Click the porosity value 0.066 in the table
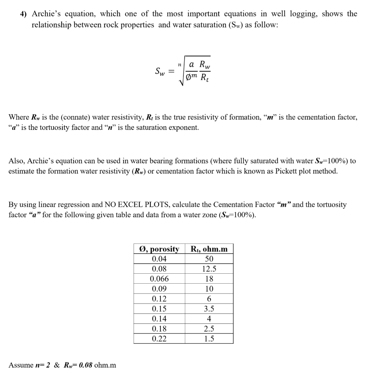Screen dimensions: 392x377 159,279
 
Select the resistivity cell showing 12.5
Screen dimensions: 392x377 209,269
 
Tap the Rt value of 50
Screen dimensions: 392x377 209,259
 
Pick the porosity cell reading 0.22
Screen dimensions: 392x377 159,338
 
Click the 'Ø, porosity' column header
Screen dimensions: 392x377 159,249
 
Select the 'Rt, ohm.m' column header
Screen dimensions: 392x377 209,249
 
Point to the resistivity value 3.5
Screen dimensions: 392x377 209,309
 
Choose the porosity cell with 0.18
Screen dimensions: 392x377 159,328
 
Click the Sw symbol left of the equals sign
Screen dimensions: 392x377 160,71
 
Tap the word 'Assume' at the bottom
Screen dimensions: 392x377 21,365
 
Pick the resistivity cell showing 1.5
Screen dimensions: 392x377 209,338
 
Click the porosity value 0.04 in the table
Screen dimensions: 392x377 159,259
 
